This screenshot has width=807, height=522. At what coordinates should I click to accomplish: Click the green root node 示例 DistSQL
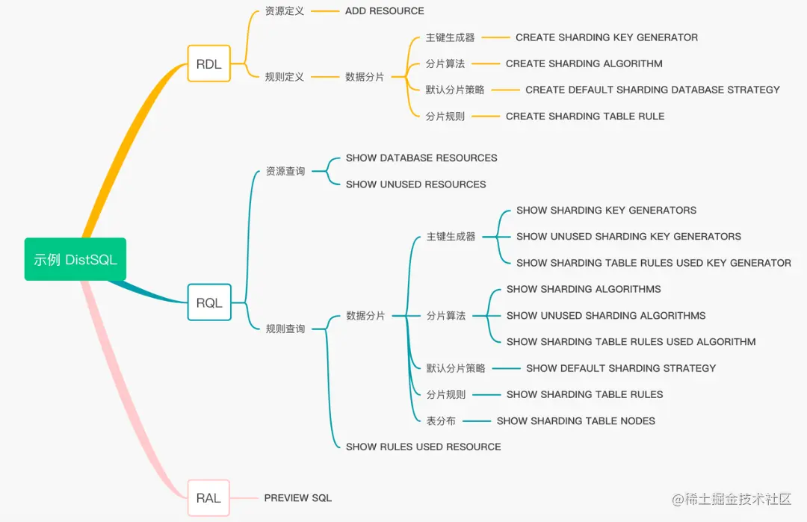click(x=75, y=259)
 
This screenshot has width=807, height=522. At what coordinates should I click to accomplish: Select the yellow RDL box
click(x=208, y=64)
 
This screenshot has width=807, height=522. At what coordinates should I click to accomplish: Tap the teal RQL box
click(x=209, y=302)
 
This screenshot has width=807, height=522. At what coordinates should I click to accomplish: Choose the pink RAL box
click(x=208, y=498)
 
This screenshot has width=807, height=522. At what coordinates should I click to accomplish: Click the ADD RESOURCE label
click(x=384, y=11)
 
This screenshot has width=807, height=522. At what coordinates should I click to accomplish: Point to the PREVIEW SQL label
click(x=297, y=498)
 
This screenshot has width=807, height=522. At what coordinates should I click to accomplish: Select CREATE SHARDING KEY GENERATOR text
click(x=606, y=37)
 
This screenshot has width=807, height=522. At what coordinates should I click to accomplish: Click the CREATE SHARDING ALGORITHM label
click(x=584, y=63)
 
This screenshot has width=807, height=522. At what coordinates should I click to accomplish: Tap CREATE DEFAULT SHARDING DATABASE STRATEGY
click(x=652, y=90)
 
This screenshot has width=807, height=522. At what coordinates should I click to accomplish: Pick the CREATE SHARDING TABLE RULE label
click(x=584, y=116)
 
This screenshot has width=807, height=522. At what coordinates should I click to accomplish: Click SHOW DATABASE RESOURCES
click(x=421, y=158)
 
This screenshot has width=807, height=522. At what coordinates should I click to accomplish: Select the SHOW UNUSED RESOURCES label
click(x=415, y=184)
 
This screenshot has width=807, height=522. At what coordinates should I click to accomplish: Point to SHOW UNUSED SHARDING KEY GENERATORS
click(x=628, y=237)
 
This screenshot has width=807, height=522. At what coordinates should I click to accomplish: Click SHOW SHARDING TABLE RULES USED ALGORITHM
click(x=631, y=342)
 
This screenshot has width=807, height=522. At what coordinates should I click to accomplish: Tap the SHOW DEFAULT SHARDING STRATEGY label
click(x=620, y=368)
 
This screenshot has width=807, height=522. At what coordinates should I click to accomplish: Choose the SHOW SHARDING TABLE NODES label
click(x=575, y=421)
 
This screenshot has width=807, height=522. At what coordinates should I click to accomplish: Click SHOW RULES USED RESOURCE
click(x=423, y=447)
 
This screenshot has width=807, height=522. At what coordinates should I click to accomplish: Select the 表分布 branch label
click(x=441, y=421)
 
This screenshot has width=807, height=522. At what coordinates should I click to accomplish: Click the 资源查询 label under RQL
click(x=285, y=171)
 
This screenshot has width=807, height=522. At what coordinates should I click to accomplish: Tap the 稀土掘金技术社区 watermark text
click(x=739, y=500)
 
